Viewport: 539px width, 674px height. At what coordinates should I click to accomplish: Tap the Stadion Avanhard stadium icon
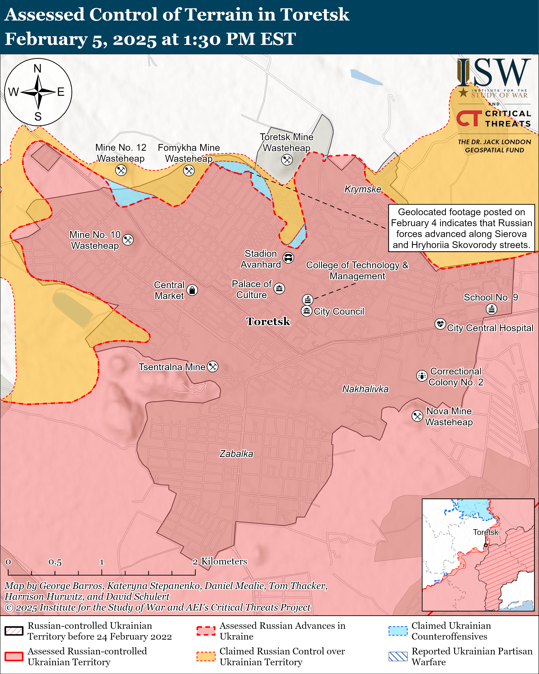pyautogui.click(x=288, y=258)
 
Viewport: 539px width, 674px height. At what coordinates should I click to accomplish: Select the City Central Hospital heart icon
pyautogui.click(x=440, y=324)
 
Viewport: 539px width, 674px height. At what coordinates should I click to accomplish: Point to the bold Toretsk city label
pyautogui.click(x=268, y=321)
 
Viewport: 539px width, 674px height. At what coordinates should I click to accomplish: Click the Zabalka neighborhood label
pyautogui.click(x=236, y=454)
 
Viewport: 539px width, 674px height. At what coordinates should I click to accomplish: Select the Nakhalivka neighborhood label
pyautogui.click(x=365, y=389)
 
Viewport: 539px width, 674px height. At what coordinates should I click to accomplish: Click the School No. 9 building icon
pyautogui.click(x=491, y=309)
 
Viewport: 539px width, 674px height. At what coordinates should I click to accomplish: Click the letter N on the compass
pyautogui.click(x=37, y=68)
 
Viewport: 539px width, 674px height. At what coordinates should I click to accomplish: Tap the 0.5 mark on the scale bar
pyautogui.click(x=55, y=562)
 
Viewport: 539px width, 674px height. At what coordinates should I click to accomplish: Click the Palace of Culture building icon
pyautogui.click(x=279, y=288)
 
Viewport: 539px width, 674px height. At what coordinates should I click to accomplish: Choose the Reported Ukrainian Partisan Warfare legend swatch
pyautogui.click(x=398, y=656)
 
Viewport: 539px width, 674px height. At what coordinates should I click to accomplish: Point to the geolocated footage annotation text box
pyautogui.click(x=461, y=228)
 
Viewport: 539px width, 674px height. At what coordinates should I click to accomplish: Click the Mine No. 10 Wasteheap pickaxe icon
pyautogui.click(x=128, y=240)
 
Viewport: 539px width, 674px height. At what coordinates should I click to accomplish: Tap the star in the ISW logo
pyautogui.click(x=463, y=92)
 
